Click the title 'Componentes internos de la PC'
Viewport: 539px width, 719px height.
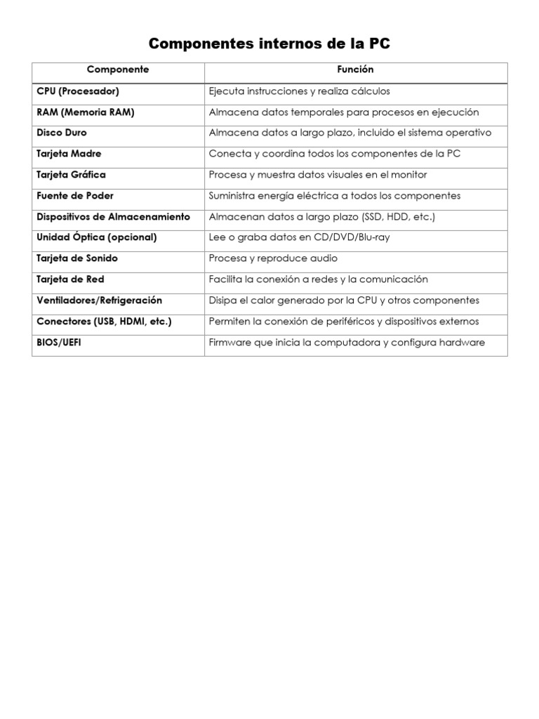coord(269,44)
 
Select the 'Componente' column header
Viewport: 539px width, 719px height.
coord(118,70)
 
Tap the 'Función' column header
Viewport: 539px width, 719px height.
coord(356,70)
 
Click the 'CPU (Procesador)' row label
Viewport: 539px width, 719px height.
coord(78,91)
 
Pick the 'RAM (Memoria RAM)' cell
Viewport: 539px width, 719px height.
coord(85,112)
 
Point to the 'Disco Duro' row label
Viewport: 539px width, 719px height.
coord(62,133)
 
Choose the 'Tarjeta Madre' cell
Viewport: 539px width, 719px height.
coord(69,154)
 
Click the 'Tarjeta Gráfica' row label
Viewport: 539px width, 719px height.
coord(71,174)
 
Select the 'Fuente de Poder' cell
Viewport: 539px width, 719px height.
coord(74,195)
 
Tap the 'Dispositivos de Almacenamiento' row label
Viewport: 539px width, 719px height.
coord(113,217)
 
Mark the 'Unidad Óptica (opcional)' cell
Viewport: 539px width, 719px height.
coord(96,237)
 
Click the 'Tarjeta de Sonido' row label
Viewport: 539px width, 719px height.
coord(77,258)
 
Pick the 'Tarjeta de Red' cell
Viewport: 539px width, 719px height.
coord(70,279)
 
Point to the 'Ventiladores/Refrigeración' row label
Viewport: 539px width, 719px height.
coord(99,301)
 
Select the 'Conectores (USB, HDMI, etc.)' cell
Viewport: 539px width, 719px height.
coord(104,322)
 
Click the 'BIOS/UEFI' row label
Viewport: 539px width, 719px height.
coord(59,343)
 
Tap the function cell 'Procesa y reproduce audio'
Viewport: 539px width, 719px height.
coord(273,258)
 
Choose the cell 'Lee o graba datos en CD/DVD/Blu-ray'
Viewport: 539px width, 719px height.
coord(299,237)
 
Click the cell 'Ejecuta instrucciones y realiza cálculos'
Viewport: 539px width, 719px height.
coord(299,91)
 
